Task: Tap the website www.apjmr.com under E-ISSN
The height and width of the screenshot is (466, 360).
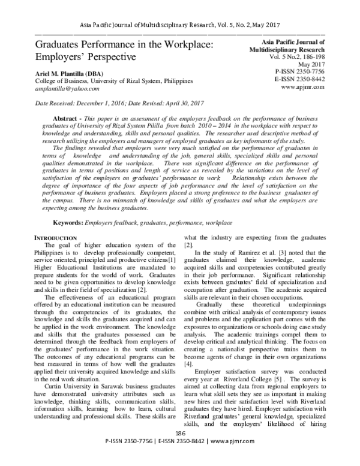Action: [304, 86]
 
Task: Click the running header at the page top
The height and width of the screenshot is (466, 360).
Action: [179, 25]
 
